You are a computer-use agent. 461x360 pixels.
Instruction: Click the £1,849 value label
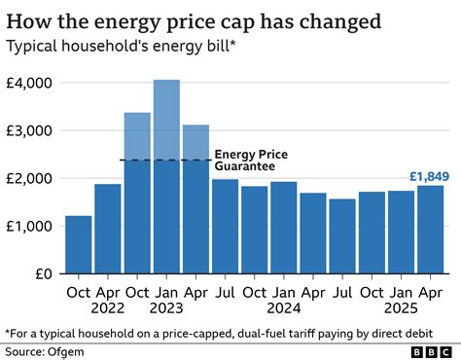430,176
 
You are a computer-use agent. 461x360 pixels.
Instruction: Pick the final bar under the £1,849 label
430,230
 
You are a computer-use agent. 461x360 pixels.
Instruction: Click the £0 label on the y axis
46,273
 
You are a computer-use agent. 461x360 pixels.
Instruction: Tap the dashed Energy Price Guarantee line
165,161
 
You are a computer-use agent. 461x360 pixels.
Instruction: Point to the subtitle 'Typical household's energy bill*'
123,45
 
